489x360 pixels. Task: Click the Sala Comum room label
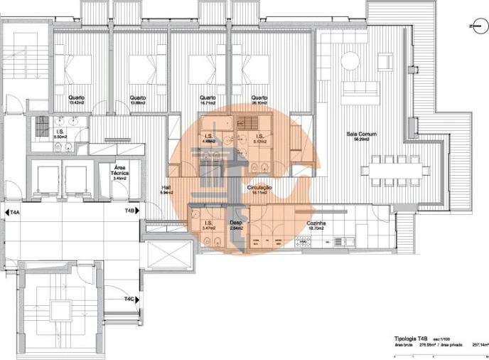point(361,134)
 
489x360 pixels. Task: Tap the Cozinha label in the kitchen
point(316,223)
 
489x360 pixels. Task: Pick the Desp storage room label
point(236,223)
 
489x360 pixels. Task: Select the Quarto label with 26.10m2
point(259,97)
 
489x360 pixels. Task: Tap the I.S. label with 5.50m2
point(62,132)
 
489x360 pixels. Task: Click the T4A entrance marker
point(15,211)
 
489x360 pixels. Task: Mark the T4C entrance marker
point(129,300)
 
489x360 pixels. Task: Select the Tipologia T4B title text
point(412,339)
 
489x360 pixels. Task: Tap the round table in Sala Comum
point(349,60)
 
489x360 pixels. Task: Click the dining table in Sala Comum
point(394,170)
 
